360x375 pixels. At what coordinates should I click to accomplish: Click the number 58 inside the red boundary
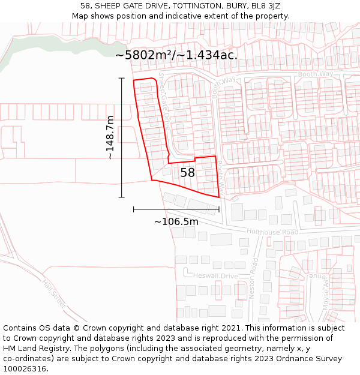click(188, 173)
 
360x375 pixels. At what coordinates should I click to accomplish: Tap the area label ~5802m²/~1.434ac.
click(176, 55)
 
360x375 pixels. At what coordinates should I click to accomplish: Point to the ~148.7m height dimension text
click(110, 137)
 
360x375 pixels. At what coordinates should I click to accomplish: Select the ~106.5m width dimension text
click(176, 222)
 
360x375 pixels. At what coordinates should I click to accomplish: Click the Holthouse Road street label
click(272, 232)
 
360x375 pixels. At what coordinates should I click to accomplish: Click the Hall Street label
click(54, 295)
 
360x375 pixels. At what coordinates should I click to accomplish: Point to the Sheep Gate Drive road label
click(165, 102)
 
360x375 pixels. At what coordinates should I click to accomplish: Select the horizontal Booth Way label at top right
click(317, 74)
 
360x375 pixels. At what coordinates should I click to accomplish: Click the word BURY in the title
click(223, 6)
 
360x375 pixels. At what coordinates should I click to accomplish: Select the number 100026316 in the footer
click(25, 369)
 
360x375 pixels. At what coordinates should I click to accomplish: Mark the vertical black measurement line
click(122, 137)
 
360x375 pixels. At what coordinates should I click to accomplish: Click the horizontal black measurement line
click(176, 209)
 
